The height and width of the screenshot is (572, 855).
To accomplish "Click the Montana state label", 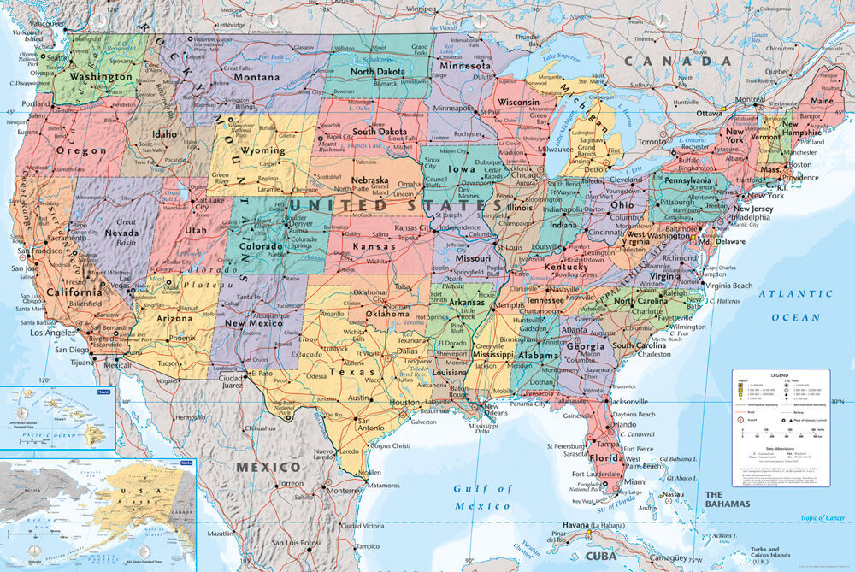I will [x=233, y=77].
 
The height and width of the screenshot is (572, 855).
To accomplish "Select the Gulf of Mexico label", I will [x=482, y=498].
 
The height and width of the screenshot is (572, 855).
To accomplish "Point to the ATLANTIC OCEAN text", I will [x=795, y=305].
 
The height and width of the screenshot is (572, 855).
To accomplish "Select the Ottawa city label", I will [x=709, y=112].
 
